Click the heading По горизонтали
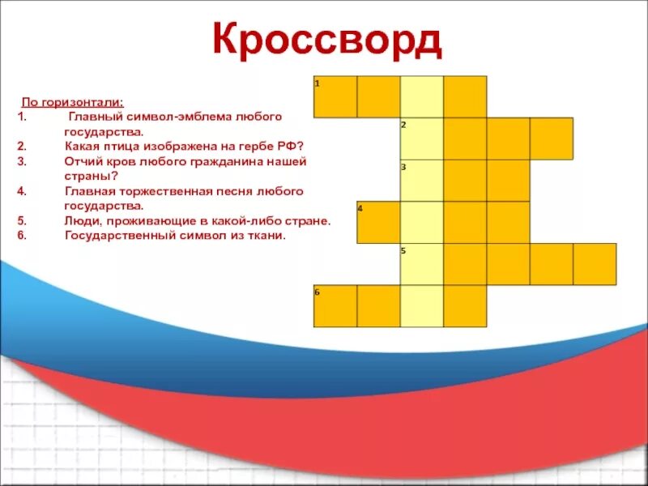(72, 103)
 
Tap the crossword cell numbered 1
(335, 96)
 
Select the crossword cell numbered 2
(421, 139)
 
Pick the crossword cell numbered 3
(421, 181)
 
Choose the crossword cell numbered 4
(378, 222)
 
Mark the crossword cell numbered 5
(421, 264)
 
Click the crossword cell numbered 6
(335, 305)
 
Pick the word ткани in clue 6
(270, 236)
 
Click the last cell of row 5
(595, 264)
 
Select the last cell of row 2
(551, 139)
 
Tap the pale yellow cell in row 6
(421, 305)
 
